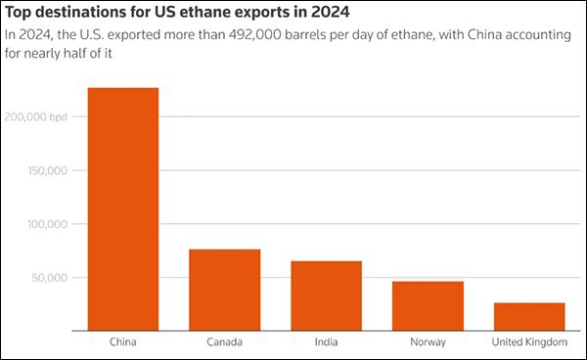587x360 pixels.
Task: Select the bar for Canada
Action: pos(224,290)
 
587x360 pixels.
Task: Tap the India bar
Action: pos(326,295)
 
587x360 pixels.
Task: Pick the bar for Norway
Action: pos(428,305)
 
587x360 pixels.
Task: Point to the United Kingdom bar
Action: pos(529,316)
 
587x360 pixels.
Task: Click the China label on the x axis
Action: pos(122,342)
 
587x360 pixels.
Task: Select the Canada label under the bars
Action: pos(224,342)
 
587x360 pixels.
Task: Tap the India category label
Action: pos(326,342)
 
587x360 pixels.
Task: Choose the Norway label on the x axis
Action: pos(428,342)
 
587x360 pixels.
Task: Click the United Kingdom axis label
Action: pos(529,342)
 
